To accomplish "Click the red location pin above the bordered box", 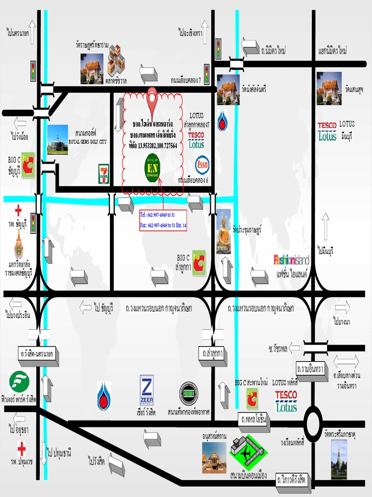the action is tap(152, 97).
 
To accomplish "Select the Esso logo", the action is tap(202, 165).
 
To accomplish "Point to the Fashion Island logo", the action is tap(291, 260).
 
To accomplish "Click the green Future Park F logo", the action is tap(19, 381).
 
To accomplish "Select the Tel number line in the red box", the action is tap(157, 214).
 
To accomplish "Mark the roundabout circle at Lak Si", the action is tap(313, 424).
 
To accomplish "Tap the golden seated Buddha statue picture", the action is tap(223, 235).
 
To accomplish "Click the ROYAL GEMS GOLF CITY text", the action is tap(88, 142).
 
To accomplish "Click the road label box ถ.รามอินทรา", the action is tap(310, 369).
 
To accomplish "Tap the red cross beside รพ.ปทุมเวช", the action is tap(22, 447).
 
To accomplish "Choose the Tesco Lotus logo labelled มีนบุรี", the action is tap(327, 131).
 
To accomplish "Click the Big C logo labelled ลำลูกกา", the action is tap(199, 263).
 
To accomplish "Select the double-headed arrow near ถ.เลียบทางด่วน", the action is tap(346, 362).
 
